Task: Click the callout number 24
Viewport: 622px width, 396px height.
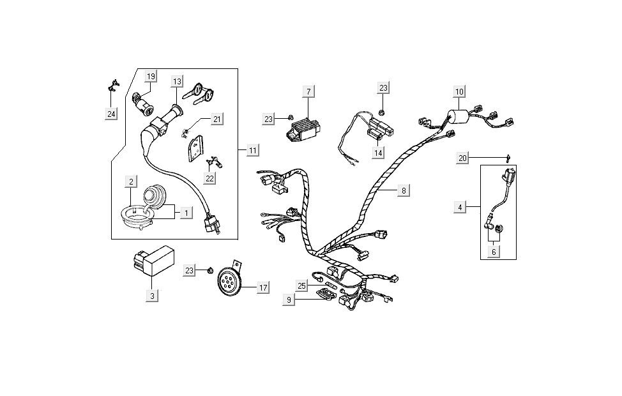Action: click(112, 114)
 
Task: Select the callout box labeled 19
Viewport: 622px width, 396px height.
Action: click(151, 77)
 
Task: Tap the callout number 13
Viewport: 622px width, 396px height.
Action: click(177, 81)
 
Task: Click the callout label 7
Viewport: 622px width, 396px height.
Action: click(308, 92)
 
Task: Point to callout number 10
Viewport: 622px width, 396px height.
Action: click(460, 92)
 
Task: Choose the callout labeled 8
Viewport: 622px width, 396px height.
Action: click(404, 190)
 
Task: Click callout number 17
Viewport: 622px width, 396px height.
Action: click(262, 288)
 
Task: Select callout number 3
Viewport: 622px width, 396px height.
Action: click(151, 296)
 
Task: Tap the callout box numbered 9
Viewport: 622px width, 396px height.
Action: click(289, 299)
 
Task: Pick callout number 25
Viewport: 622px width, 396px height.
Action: click(303, 285)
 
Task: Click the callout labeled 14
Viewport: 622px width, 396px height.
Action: click(379, 153)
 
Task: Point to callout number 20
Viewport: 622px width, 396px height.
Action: click(463, 158)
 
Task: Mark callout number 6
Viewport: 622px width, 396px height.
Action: click(493, 252)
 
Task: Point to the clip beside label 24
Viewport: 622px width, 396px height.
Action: click(112, 86)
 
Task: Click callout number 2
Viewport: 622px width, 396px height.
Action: click(130, 182)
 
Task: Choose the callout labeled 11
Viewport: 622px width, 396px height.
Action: click(253, 151)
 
